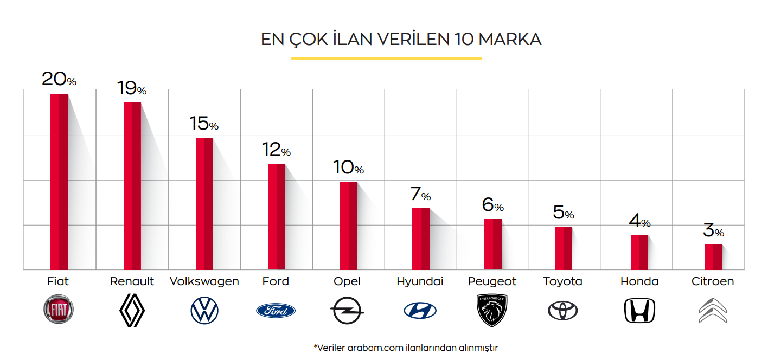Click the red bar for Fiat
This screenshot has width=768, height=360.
click(59, 182)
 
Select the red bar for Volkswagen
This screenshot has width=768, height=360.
click(204, 203)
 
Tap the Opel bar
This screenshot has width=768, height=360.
click(349, 226)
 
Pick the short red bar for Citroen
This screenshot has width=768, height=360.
click(714, 256)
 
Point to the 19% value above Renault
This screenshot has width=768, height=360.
click(132, 88)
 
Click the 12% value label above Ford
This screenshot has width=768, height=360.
click(276, 150)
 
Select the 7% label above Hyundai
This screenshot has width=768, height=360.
click(421, 194)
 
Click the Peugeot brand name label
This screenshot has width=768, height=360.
click(492, 281)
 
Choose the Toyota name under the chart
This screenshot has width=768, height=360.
click(562, 281)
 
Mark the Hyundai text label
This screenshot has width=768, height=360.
click(420, 282)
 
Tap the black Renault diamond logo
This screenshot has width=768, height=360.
click(132, 311)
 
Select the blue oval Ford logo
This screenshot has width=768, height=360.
click(276, 311)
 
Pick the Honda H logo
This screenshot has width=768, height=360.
click(639, 311)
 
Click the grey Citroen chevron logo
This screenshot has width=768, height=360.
click(712, 311)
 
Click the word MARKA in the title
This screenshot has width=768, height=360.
click(510, 40)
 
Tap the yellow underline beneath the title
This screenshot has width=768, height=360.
click(386, 58)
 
